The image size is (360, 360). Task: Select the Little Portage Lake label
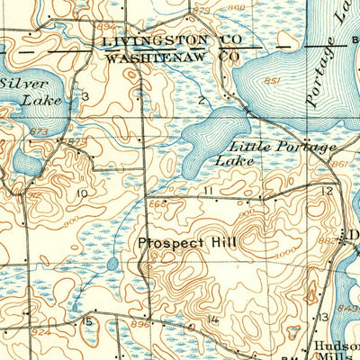[270, 152]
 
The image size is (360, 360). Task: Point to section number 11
[208, 191]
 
